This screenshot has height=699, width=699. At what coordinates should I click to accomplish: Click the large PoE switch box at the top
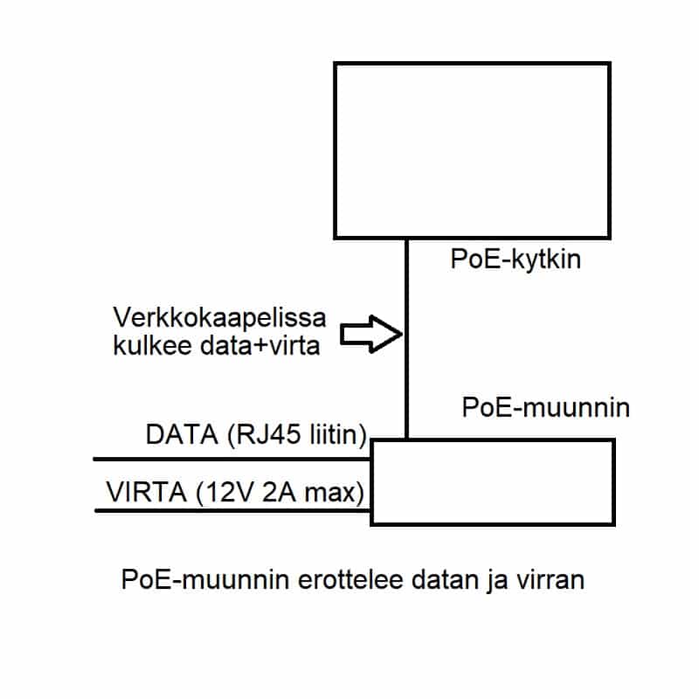coord(472,149)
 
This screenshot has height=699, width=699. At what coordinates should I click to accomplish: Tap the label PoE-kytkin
coord(516,260)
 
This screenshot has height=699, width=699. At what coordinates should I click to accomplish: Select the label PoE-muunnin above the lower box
coord(545,407)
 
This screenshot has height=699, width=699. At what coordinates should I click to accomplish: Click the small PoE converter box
coord(492,481)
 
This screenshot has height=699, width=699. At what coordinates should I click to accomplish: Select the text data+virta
coord(261,345)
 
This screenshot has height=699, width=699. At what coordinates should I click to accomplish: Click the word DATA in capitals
coord(173,435)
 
